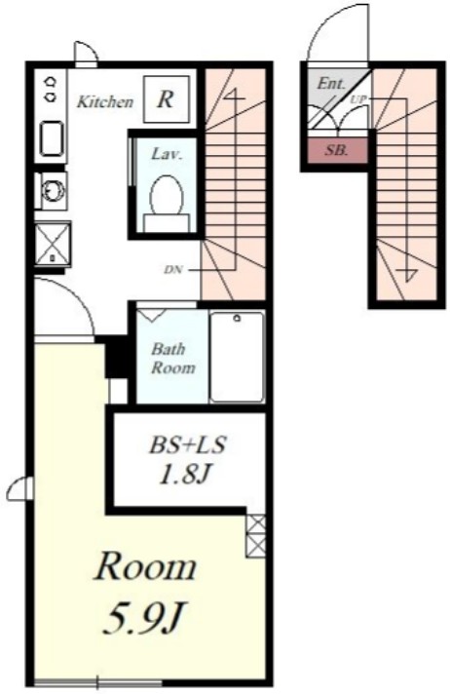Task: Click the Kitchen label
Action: coord(105,101)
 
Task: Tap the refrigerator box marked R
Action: coord(167,99)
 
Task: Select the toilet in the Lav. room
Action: coord(167,203)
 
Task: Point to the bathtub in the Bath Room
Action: coord(237,357)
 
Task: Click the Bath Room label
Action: coord(173,359)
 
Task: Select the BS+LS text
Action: coord(188,444)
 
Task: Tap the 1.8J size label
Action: coord(184,475)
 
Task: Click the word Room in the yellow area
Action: coord(145,567)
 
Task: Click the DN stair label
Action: coord(173,269)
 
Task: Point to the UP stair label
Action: coord(358,99)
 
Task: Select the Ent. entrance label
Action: coord(330,83)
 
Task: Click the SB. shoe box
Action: coord(337,150)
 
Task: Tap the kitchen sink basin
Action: coord(52,138)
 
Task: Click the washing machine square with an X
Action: coord(53,245)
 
